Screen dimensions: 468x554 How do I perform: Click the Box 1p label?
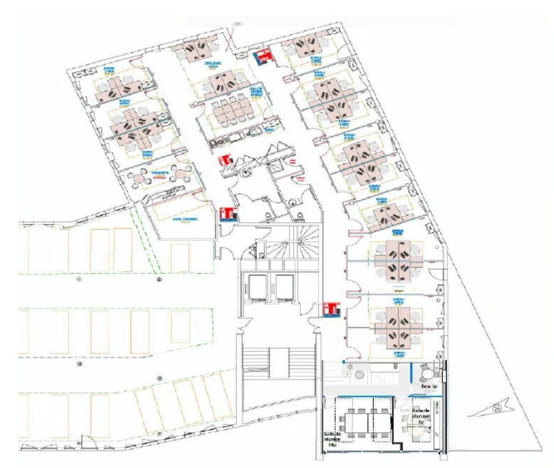(x=429, y=386)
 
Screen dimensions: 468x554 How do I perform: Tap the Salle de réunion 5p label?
(x=421, y=415)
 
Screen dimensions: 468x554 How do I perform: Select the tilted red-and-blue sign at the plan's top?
(x=262, y=57)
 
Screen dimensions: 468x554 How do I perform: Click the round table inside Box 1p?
(x=426, y=372)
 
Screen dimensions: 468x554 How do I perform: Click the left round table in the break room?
(x=140, y=177)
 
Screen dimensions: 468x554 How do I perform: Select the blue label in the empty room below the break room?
(x=185, y=219)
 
